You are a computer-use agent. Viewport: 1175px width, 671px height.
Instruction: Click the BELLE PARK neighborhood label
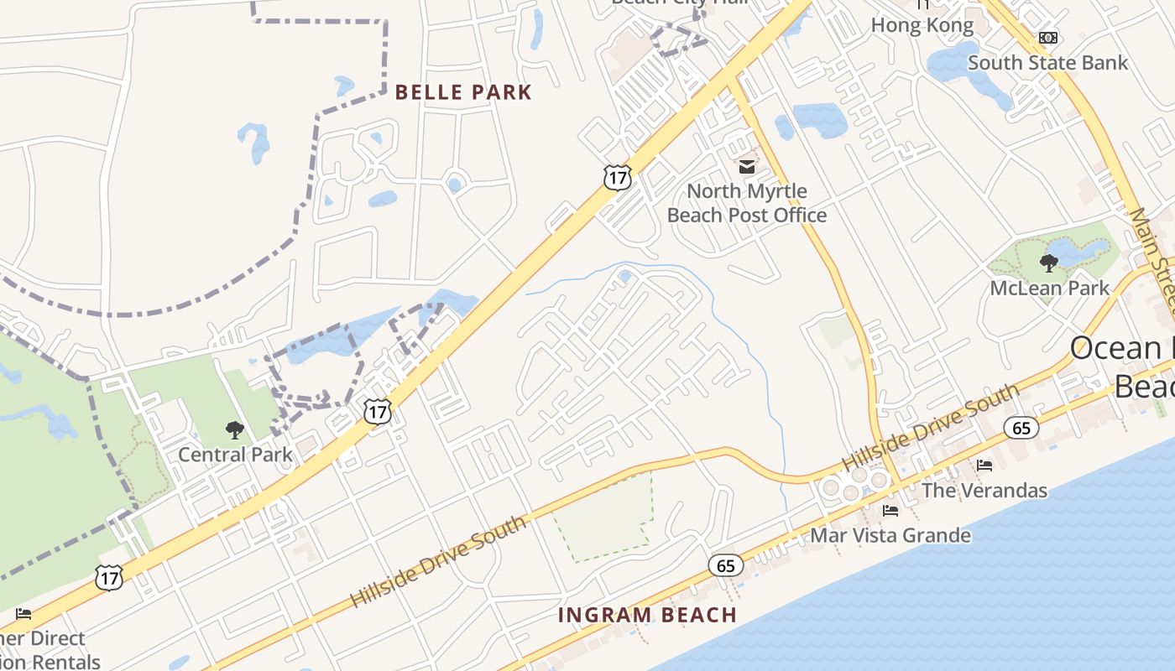click(x=463, y=92)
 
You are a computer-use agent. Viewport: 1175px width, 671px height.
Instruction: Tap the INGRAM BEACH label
click(x=647, y=615)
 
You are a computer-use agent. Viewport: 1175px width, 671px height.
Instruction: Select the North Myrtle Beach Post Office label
click(x=747, y=203)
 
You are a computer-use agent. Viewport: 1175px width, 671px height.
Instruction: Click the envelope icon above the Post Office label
click(x=747, y=166)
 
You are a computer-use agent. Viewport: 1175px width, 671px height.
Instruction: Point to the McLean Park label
click(x=1050, y=288)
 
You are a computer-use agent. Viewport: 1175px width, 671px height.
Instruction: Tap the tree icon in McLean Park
click(x=1049, y=263)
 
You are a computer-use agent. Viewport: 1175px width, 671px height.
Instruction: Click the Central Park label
click(x=235, y=455)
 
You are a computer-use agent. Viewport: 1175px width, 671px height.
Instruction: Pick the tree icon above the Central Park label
click(x=235, y=430)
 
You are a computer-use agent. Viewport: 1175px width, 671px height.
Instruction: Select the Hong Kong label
click(x=922, y=25)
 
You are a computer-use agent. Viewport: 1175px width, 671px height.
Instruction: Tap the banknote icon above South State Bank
click(x=1048, y=38)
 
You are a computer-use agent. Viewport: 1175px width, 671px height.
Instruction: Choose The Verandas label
click(x=984, y=490)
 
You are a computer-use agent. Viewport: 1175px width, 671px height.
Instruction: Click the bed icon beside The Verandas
click(x=984, y=465)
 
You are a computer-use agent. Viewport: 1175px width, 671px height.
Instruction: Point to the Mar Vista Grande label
click(x=890, y=535)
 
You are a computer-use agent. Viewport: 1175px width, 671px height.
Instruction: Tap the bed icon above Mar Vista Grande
click(x=890, y=510)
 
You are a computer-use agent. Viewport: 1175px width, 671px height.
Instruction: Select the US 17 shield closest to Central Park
click(x=378, y=411)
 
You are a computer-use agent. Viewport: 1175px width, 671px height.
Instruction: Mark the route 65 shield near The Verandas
click(x=1021, y=428)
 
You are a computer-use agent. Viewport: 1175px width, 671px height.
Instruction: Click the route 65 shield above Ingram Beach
click(x=725, y=565)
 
